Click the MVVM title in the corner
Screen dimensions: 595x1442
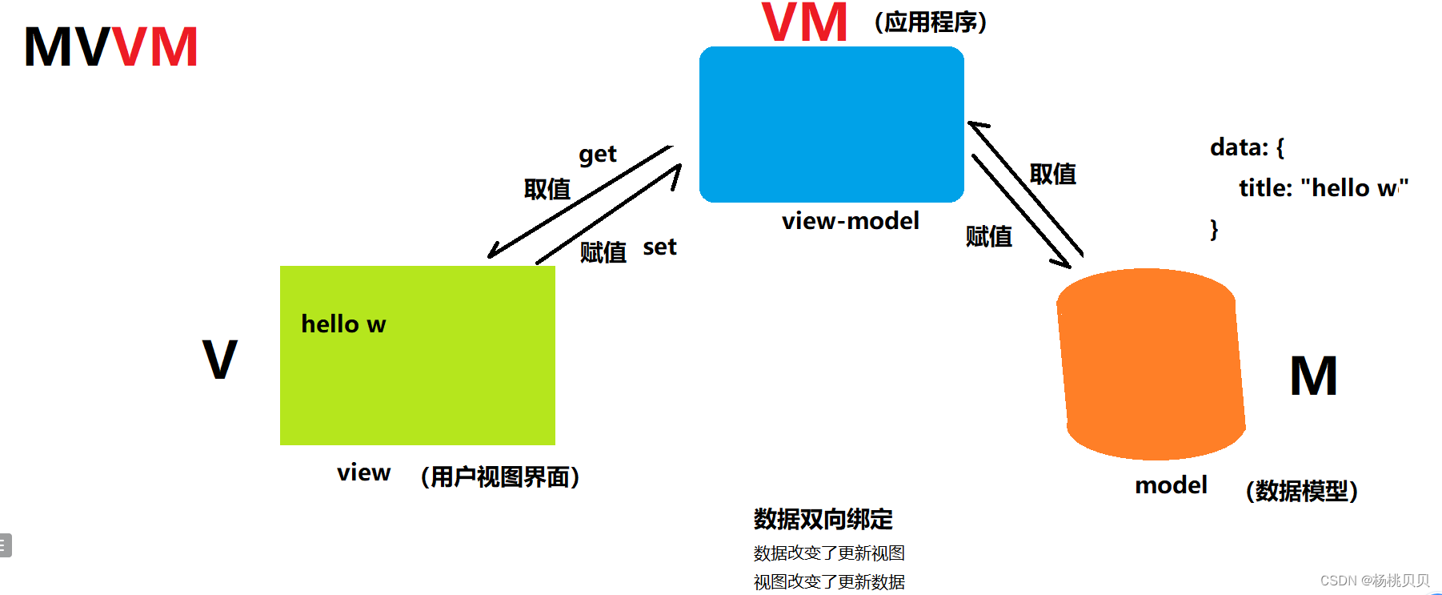pyautogui.click(x=110, y=46)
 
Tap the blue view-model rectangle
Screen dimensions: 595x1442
pyautogui.click(x=831, y=124)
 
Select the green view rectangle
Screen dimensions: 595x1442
pyautogui.click(x=417, y=355)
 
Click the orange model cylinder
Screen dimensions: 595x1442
pyautogui.click(x=1151, y=364)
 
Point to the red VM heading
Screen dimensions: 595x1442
pyautogui.click(x=804, y=22)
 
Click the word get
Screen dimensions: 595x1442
pyautogui.click(x=597, y=154)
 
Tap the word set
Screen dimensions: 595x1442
pyautogui.click(x=659, y=247)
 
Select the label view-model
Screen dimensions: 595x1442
pyautogui.click(x=850, y=221)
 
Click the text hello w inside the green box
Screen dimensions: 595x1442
pyautogui.click(x=343, y=324)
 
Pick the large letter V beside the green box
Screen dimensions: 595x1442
pyautogui.click(x=219, y=360)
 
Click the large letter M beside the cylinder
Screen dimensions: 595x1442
pyautogui.click(x=1313, y=376)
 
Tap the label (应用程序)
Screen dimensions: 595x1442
pyautogui.click(x=930, y=22)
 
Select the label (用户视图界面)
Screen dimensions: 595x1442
pyautogui.click(x=499, y=477)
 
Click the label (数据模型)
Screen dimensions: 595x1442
pyautogui.click(x=1301, y=491)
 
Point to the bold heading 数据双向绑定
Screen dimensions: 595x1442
pyautogui.click(x=823, y=520)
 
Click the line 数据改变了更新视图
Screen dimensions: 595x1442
pyautogui.click(x=829, y=553)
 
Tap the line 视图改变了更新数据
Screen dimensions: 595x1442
pyautogui.click(x=829, y=582)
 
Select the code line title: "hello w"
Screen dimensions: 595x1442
pyautogui.click(x=1323, y=188)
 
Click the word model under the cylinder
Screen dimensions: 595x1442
pyautogui.click(x=1171, y=485)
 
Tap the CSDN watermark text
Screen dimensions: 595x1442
pyautogui.click(x=1374, y=581)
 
